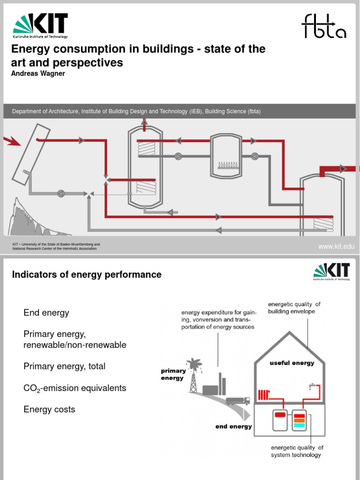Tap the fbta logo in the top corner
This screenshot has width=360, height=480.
(324, 26)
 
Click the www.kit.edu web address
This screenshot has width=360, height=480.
(336, 247)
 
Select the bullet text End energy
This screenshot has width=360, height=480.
(46, 313)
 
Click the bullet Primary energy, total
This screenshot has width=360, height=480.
(64, 367)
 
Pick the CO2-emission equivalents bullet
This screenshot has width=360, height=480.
(75, 389)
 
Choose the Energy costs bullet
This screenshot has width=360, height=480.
(49, 410)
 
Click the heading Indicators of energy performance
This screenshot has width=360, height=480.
(86, 275)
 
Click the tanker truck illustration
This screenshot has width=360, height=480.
(238, 401)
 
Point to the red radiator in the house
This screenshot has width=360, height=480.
(263, 394)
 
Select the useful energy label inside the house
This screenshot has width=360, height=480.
(292, 363)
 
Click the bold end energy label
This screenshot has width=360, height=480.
(233, 427)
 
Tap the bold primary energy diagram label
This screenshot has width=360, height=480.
(173, 375)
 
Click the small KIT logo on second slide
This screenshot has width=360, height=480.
(331, 272)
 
